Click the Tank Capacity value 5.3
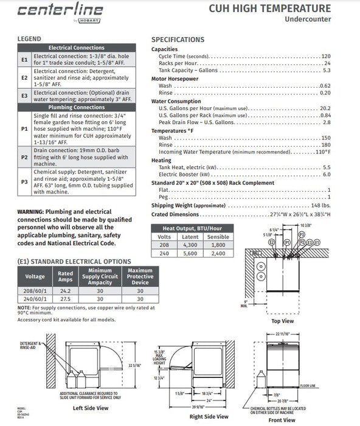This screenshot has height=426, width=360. point(327,71)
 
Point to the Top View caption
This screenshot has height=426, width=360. point(282,321)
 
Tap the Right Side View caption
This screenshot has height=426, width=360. point(209,417)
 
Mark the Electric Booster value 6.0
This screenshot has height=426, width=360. point(327,175)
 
